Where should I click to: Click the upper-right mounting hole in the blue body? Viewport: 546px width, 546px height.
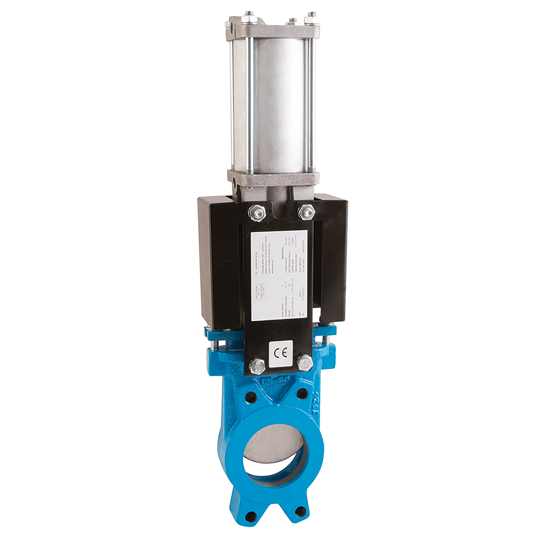click(x=302, y=393)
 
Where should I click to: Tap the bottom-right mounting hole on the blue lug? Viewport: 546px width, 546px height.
click(x=301, y=511)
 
